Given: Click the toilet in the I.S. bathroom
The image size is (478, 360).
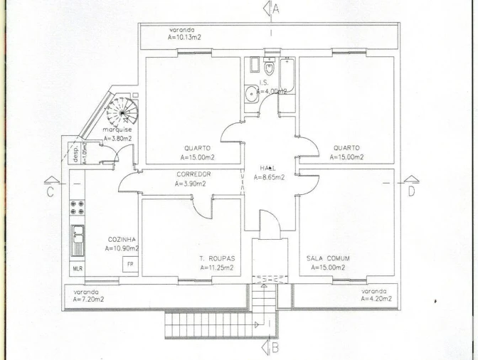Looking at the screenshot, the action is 269,67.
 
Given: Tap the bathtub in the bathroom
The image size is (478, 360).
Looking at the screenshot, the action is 287,75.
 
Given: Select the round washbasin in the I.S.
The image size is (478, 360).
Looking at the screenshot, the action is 252,93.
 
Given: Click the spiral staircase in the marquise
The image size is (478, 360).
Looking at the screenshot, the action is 122,112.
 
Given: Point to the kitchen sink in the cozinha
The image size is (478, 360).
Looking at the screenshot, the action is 78,240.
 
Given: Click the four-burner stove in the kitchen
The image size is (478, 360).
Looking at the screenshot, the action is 77,207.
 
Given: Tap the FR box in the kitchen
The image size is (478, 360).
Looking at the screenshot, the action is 130,264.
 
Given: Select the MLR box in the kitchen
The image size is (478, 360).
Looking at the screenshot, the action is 78,268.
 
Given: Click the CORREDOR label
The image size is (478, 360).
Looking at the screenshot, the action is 193,174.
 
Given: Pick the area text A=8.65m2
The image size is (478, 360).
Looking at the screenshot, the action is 269,177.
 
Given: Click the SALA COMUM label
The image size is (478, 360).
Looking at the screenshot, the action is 328,258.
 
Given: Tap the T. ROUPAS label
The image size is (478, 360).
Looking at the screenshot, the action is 218,259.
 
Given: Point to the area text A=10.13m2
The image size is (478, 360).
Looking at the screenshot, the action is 184,37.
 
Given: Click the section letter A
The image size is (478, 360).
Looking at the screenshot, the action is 275,9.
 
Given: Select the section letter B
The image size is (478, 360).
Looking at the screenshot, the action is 275,348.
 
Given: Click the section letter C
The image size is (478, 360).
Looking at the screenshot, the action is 51,192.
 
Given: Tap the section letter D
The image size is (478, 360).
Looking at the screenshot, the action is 411,191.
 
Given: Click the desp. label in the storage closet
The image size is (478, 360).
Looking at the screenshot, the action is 76,154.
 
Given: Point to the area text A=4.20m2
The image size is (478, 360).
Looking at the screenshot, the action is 376,299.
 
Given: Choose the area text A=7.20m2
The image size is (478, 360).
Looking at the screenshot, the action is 88,300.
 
